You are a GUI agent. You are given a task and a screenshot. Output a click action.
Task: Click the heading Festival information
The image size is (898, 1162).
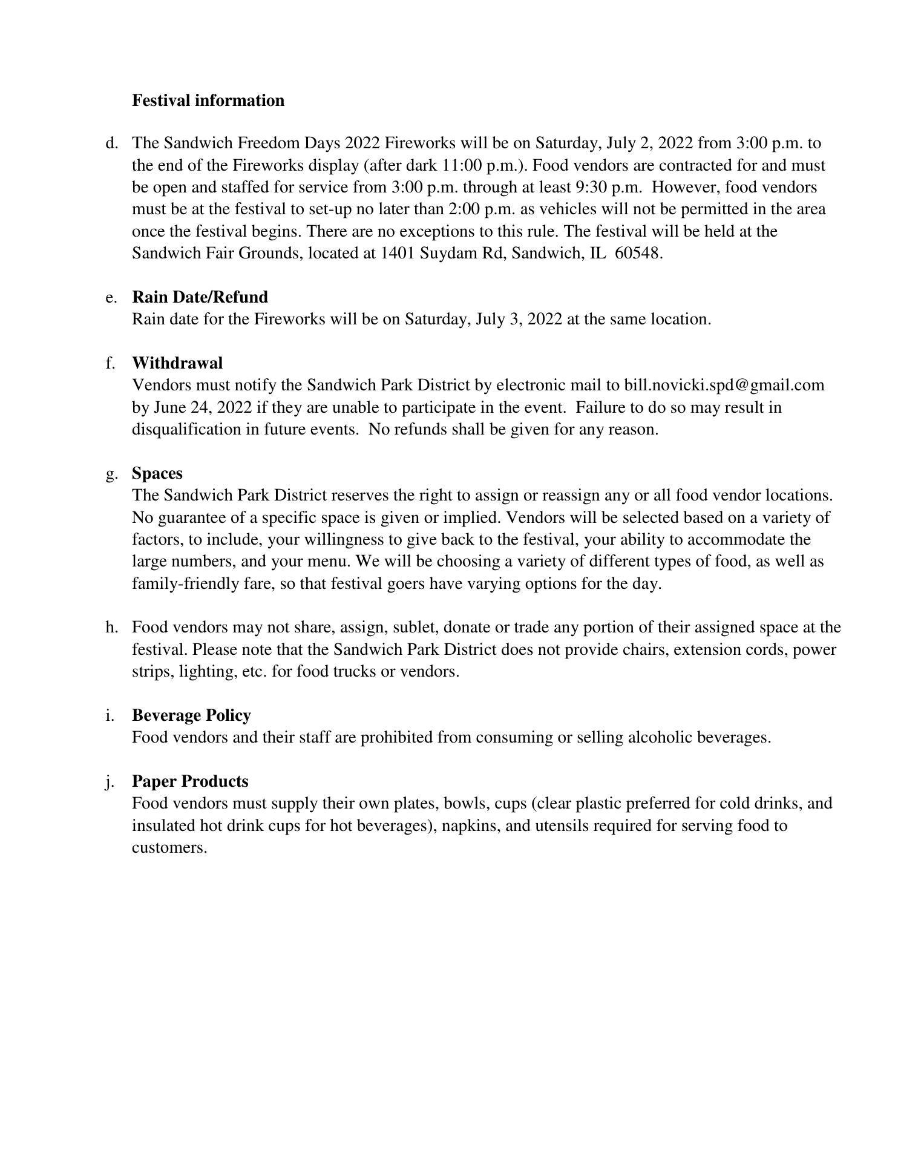point(208,100)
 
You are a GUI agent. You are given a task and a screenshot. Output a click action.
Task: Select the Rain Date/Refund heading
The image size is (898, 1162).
point(200,297)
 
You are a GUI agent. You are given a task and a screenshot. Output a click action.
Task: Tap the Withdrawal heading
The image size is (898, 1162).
point(177,363)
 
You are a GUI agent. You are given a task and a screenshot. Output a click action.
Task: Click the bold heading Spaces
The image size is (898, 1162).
point(157,473)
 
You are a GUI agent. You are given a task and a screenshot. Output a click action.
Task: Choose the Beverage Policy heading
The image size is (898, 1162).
point(191,715)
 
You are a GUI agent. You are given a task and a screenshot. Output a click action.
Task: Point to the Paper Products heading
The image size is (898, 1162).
point(190,781)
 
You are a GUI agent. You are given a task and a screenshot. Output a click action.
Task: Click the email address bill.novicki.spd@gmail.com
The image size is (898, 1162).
point(724,386)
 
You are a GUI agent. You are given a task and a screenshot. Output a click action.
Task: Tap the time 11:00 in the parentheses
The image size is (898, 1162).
point(462,165)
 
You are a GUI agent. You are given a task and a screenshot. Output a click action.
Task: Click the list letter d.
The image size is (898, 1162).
point(111,143)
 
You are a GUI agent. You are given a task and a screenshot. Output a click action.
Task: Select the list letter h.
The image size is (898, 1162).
point(111,628)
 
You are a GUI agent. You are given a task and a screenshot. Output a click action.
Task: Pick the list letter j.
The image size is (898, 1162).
point(110,782)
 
